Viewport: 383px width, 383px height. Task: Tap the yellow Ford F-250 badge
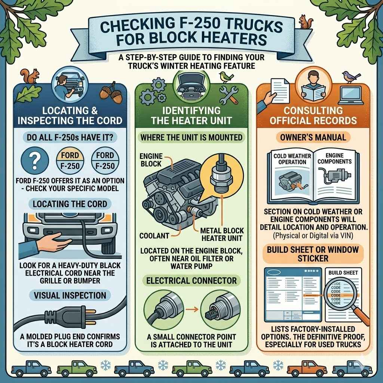click(70, 160)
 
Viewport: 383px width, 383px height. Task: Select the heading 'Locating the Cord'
click(70, 204)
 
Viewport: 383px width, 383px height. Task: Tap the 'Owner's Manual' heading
click(313, 137)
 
